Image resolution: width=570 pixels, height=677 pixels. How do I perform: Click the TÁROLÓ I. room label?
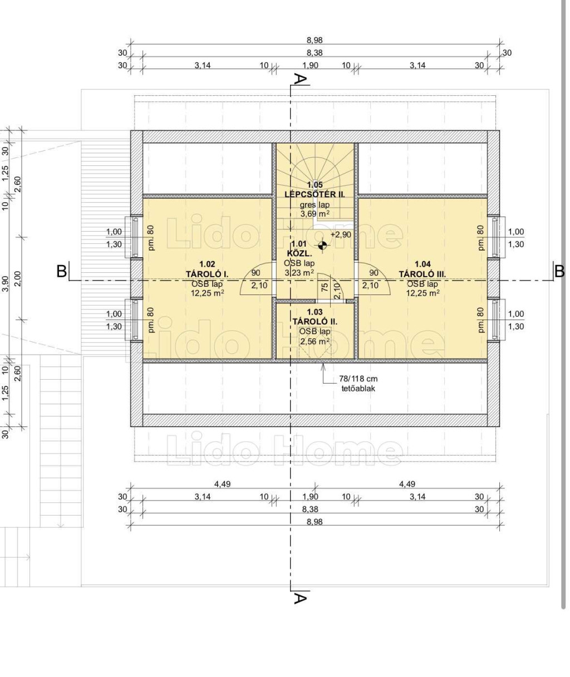[x=207, y=274]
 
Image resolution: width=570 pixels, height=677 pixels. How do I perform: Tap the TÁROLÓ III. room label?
[x=422, y=274]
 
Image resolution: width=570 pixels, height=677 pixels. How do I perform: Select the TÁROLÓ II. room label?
[x=315, y=322]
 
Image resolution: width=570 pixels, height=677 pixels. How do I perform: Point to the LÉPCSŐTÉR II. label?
[x=315, y=194]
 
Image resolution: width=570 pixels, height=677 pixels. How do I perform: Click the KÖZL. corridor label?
[x=299, y=253]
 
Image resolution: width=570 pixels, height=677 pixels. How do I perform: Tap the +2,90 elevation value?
[x=341, y=235]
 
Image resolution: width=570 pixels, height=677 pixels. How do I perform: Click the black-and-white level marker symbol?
[x=322, y=246]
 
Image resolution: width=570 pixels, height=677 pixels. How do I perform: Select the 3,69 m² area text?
[x=315, y=214]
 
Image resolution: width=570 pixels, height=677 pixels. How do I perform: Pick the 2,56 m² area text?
[x=315, y=341]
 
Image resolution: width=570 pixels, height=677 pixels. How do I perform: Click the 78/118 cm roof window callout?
[x=358, y=379]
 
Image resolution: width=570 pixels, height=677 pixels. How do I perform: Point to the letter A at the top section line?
[x=300, y=79]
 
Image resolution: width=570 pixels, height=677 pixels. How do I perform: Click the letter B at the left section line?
[x=62, y=271]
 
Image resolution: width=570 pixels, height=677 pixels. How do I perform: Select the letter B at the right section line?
[x=559, y=271]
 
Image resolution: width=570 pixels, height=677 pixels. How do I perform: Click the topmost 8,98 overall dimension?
[x=315, y=40]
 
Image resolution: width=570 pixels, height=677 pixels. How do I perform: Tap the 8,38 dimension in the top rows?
[x=315, y=52]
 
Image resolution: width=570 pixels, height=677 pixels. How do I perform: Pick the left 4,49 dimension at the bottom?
[x=223, y=484]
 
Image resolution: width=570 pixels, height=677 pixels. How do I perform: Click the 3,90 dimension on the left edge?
[x=6, y=283]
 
